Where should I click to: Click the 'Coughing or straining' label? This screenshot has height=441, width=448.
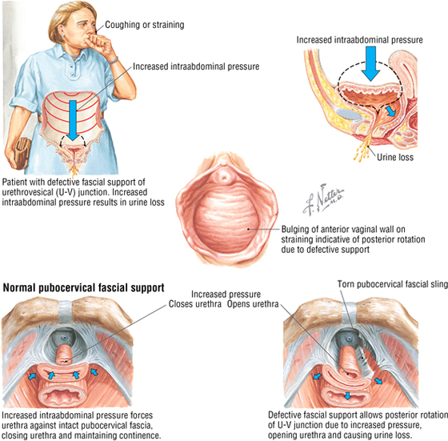click(145, 25)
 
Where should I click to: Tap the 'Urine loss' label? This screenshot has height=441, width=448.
click(395, 157)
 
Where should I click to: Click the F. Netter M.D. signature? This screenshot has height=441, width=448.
click(323, 199)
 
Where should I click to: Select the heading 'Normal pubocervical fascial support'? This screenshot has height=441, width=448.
click(83, 288)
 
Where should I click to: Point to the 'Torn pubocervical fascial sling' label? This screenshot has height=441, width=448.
click(393, 284)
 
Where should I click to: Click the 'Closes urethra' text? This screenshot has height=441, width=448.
click(195, 304)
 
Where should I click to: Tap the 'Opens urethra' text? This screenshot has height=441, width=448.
click(253, 304)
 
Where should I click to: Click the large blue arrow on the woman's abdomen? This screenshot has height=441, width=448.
click(73, 120)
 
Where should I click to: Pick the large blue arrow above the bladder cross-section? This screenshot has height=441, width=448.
click(370, 63)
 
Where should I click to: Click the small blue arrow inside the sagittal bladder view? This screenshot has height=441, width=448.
click(390, 111)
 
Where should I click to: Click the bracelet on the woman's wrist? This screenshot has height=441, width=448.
click(114, 60)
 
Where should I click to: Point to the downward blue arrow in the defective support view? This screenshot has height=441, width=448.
click(347, 396)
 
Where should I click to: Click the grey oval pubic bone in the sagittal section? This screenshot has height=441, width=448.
click(349, 114)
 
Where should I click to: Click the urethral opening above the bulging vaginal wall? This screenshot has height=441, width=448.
click(224, 176)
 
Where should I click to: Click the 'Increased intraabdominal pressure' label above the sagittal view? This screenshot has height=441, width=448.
click(360, 40)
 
